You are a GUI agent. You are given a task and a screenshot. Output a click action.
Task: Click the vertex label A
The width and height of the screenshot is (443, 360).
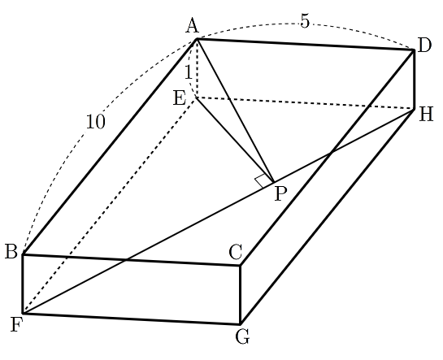193,26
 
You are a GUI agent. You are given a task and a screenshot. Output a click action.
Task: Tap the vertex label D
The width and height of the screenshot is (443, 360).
424,46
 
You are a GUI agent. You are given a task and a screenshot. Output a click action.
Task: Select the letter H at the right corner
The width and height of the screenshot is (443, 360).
426,115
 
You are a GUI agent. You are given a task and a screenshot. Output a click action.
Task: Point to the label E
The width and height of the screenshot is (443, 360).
180,98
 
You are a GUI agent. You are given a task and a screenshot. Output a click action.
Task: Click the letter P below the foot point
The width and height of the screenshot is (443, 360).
280,194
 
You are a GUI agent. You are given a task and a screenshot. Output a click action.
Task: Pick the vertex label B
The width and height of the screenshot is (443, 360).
11,251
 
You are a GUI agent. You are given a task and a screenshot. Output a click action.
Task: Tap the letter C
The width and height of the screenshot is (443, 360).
236,252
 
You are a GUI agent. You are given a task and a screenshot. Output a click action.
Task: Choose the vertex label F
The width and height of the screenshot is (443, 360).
16,324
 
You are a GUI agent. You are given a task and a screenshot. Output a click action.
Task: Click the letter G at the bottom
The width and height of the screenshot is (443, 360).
242,337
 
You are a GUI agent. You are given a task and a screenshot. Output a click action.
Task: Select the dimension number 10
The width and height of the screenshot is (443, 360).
95,122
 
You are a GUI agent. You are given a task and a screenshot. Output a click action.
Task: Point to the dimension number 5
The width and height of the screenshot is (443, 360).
305,21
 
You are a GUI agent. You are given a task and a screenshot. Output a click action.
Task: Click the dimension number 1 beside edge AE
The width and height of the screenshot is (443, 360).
189,72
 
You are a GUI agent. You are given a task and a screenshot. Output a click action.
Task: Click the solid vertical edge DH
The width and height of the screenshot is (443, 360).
414,80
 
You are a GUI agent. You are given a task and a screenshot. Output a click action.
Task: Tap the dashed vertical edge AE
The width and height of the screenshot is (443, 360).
197,68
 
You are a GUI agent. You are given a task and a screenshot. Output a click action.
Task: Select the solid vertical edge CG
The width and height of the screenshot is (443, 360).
240,294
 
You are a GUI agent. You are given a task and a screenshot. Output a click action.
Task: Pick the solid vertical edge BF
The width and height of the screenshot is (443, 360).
23,284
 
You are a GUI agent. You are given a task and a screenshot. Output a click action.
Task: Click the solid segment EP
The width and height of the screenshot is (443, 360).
235,140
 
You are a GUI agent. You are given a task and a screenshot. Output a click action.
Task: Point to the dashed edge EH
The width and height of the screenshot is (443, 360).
305,103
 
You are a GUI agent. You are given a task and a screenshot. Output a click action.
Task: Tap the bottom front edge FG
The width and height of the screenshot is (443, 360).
132,319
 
